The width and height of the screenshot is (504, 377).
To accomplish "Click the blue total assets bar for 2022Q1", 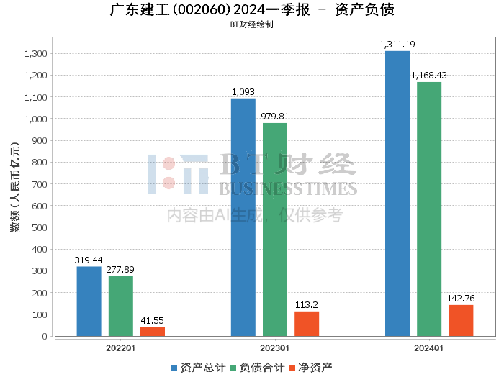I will click(89, 301).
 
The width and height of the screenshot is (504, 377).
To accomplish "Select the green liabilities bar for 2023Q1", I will click(275, 230).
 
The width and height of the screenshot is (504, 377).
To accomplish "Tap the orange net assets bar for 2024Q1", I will click(461, 320).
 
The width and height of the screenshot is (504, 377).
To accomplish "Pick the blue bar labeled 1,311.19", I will click(397, 194).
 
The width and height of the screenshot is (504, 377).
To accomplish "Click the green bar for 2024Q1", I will click(429, 209).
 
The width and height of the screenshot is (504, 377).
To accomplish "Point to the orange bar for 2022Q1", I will click(153, 332).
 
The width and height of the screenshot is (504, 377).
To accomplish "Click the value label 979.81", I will click(275, 116).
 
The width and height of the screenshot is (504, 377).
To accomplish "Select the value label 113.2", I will click(307, 304).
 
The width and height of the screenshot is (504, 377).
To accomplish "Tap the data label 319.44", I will click(89, 260).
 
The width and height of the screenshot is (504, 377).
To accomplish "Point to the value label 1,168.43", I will click(429, 75).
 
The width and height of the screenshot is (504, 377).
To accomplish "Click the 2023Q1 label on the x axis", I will click(275, 348).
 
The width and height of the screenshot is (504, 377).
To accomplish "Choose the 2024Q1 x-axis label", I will click(429, 348).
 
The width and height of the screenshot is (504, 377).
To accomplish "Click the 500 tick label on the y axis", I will click(39, 227).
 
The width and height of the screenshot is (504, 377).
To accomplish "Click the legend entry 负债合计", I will click(257, 367).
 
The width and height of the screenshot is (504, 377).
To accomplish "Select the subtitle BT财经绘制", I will click(251, 24).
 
